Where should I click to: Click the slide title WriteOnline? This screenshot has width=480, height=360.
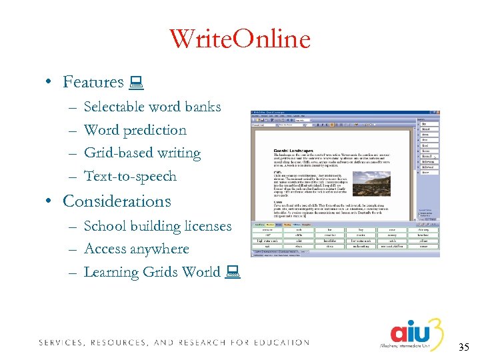click(x=239, y=40)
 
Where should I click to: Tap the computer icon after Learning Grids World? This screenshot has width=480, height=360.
click(x=233, y=272)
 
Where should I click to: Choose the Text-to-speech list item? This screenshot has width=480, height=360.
click(x=130, y=176)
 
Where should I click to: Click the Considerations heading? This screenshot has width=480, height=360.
click(x=117, y=201)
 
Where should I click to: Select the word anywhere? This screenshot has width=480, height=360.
click(x=159, y=249)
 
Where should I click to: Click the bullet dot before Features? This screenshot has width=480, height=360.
click(x=49, y=83)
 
